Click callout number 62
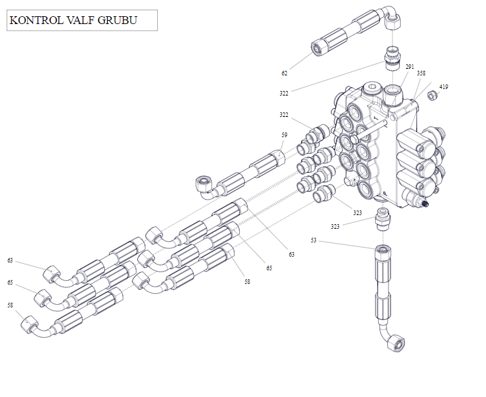tap(285, 73)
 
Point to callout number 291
tap(409, 66)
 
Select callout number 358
tap(421, 73)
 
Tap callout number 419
tap(444, 86)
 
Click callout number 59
tap(284, 134)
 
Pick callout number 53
tap(314, 240)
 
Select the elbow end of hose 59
tap(203, 185)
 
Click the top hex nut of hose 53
tap(382, 250)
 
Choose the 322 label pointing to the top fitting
tap(284, 94)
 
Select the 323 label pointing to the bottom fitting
tap(335, 226)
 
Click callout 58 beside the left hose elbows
tap(10, 304)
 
